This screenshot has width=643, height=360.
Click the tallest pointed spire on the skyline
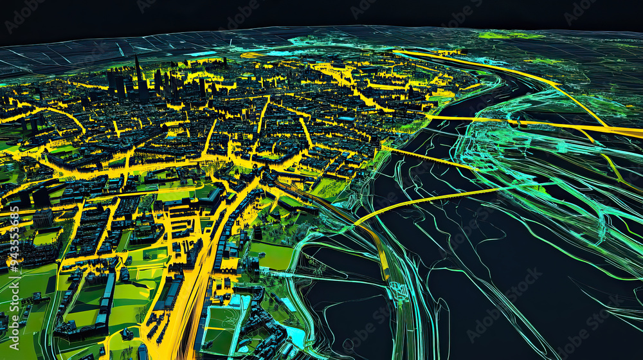click(x=137, y=67)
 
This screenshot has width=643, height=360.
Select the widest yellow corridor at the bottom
click(x=186, y=309)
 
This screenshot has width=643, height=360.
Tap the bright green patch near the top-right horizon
click(x=508, y=35)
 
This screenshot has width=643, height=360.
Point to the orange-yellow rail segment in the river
click(x=383, y=257)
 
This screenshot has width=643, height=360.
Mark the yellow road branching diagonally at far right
click(x=611, y=161)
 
